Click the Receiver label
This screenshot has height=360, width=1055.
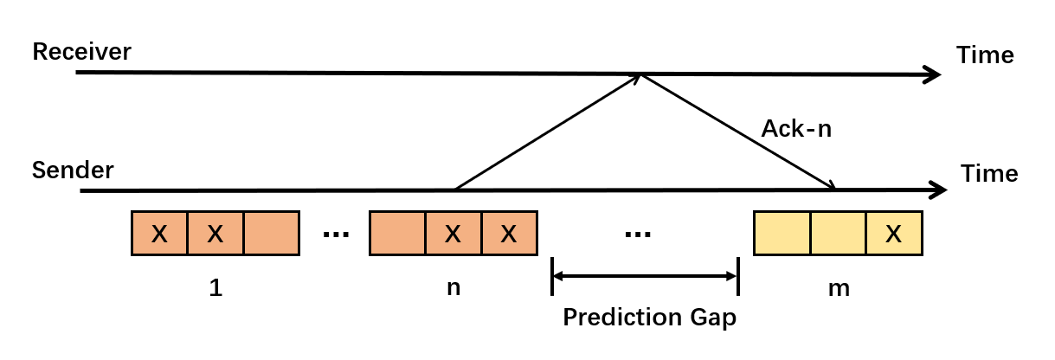81,52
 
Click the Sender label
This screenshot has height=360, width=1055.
73,170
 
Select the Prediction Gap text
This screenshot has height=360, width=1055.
649,318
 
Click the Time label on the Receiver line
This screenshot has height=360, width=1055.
985,55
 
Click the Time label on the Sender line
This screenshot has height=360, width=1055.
989,174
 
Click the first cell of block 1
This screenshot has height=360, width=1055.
159,234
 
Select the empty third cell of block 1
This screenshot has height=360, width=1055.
271,234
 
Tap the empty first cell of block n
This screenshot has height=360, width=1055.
397,234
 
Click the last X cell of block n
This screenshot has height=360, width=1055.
509,234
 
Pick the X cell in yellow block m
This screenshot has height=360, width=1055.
894,234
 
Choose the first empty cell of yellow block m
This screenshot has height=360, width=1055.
782,234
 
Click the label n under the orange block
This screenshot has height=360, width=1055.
453,288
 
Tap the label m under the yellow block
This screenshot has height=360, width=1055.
838,288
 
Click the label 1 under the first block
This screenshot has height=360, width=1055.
216,288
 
